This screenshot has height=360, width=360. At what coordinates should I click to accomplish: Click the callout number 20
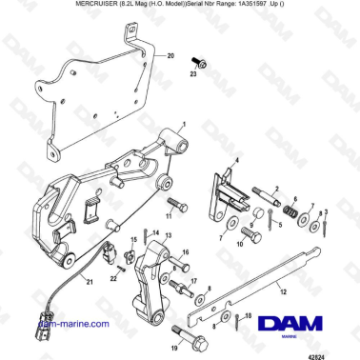(171, 56)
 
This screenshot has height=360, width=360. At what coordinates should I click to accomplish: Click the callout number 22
(111, 277)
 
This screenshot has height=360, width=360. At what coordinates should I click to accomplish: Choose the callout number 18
(248, 315)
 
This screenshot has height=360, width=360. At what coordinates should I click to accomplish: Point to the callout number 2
(274, 190)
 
